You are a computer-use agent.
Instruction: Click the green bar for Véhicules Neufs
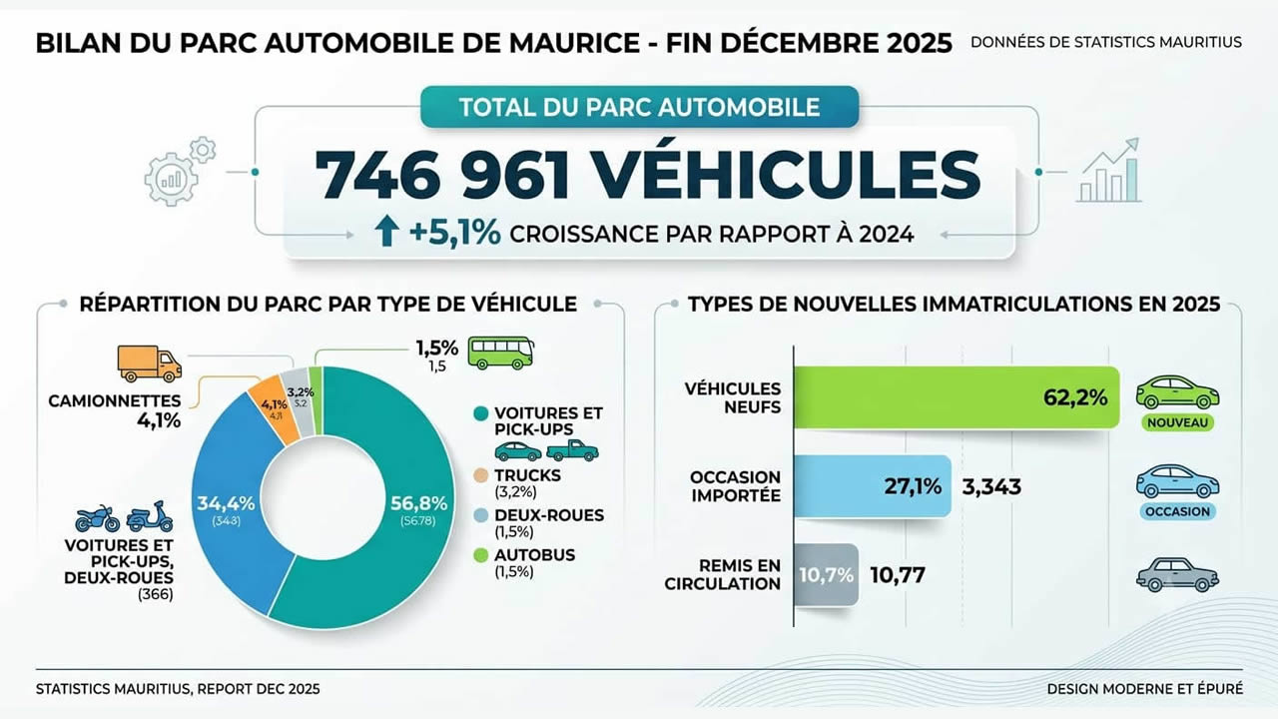tap(957, 397)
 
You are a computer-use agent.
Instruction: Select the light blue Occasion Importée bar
tap(873, 486)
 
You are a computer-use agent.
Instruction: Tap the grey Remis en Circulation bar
tap(826, 574)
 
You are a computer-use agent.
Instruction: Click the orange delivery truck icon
tap(150, 363)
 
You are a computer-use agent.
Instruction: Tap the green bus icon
tap(501, 353)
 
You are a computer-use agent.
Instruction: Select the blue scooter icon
tap(150, 516)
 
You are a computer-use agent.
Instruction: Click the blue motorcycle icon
tap(98, 518)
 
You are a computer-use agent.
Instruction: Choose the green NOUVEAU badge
tap(1177, 422)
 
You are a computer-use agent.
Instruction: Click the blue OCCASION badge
tap(1177, 511)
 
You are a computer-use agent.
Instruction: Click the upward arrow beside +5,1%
tap(386, 233)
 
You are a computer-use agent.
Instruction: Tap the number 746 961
tap(442, 174)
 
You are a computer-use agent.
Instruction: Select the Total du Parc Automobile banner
tap(640, 107)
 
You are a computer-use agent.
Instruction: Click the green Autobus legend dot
tap(481, 555)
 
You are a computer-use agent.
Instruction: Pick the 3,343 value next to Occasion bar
tap(991, 486)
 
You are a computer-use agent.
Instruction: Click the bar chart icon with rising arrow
tap(1108, 170)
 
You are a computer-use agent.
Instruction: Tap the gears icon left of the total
tap(180, 171)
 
